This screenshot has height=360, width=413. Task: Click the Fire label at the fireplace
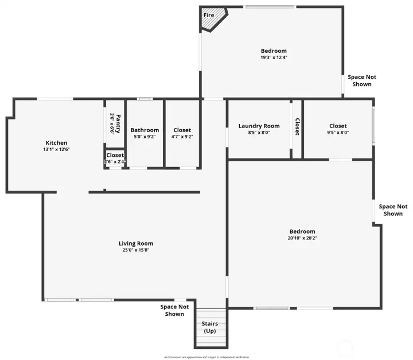pos(209,15)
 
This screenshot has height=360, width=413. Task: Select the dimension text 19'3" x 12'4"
pos(274,57)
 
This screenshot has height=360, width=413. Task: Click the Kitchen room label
pos(57,143)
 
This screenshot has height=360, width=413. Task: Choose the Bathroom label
pos(145,130)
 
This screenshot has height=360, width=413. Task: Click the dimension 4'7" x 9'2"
pos(182,137)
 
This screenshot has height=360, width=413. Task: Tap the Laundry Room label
pos(259,126)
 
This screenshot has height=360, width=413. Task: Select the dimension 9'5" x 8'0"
pos(338,133)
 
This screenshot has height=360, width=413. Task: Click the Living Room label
pos(136,243)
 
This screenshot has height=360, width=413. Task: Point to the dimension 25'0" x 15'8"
pos(136,250)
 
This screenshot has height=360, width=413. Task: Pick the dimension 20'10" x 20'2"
pos(302,238)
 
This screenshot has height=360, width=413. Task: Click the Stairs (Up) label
pos(210,328)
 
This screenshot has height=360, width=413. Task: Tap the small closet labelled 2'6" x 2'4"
pos(115,158)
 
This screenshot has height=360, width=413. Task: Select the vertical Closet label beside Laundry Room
pos(297,127)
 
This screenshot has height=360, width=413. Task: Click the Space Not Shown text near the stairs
pos(174,310)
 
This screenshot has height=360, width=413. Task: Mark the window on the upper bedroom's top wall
pos(270,7)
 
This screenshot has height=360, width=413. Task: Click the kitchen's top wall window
pos(55,99)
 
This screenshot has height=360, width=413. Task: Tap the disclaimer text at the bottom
pos(206,357)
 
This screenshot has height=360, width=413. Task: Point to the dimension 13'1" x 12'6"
pos(57,149)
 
